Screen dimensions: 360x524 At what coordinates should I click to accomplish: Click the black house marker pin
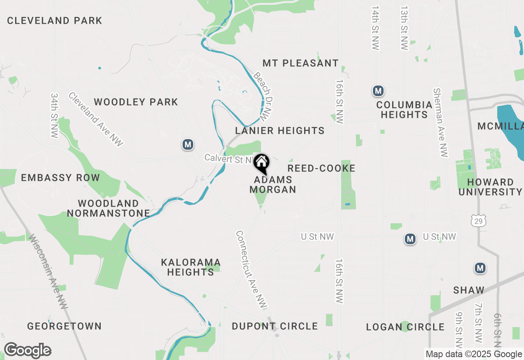[x=261, y=163]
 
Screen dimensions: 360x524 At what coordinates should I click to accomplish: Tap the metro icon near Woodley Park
[x=188, y=144]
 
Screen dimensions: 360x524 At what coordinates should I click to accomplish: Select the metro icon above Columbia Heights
[x=378, y=91]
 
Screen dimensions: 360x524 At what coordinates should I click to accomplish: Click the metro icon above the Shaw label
[x=480, y=268]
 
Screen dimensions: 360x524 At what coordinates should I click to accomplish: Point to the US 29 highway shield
[x=478, y=221]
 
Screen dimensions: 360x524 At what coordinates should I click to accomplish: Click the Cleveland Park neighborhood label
[x=54, y=20]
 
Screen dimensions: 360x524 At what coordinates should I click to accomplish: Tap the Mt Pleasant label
[x=300, y=63]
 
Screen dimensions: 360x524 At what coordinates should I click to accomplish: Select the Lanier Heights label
[x=280, y=131]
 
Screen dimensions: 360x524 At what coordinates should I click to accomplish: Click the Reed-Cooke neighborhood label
[x=321, y=169]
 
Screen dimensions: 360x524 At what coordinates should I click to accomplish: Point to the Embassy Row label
[x=60, y=178]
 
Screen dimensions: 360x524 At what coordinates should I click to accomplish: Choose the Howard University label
[x=490, y=187]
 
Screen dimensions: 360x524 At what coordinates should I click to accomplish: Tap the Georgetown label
[x=64, y=326]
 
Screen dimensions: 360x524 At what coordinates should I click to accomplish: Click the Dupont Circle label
[x=275, y=326]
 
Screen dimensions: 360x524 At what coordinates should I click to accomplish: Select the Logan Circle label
[x=405, y=327]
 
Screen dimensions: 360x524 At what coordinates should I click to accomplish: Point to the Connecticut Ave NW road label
[x=251, y=270]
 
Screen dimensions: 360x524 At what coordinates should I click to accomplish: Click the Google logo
[x=27, y=351]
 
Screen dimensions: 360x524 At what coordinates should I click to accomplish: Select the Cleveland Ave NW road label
[x=96, y=119]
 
